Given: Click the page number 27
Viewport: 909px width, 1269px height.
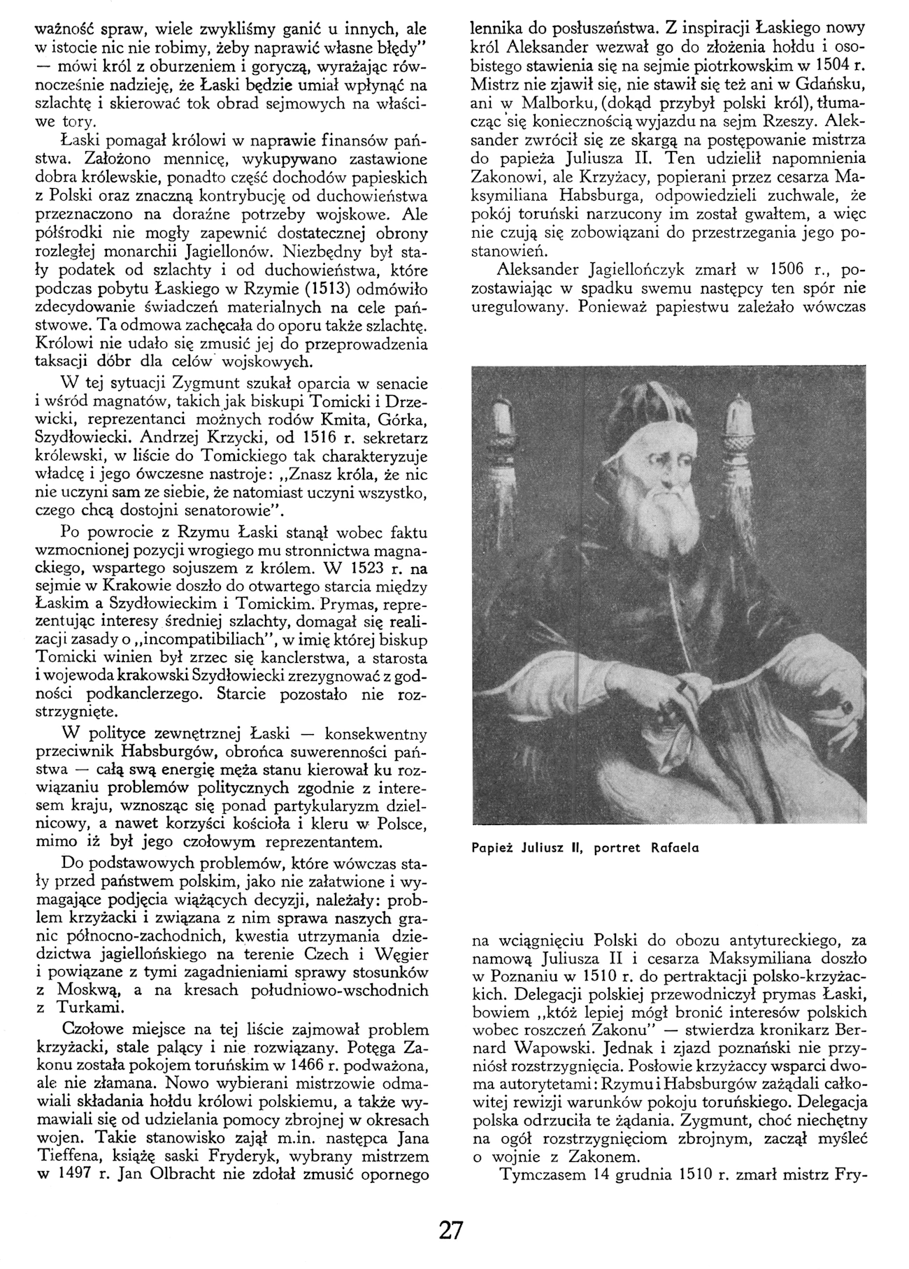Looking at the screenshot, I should (x=452, y=1229).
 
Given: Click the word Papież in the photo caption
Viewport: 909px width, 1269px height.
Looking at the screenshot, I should (x=496, y=848).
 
